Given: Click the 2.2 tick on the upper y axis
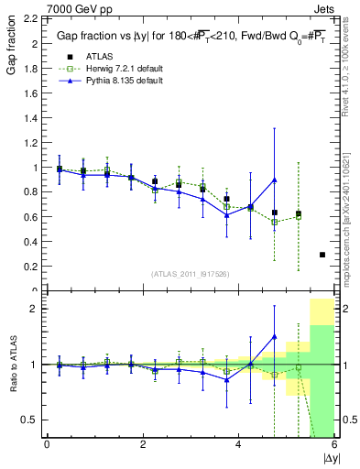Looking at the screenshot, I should (30, 18).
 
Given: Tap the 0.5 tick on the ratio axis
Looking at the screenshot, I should (30, 420).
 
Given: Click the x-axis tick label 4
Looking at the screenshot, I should (238, 444).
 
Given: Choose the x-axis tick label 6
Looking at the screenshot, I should (333, 444).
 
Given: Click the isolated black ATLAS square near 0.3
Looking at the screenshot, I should (322, 255).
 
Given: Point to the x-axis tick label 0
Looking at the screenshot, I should (47, 444).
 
